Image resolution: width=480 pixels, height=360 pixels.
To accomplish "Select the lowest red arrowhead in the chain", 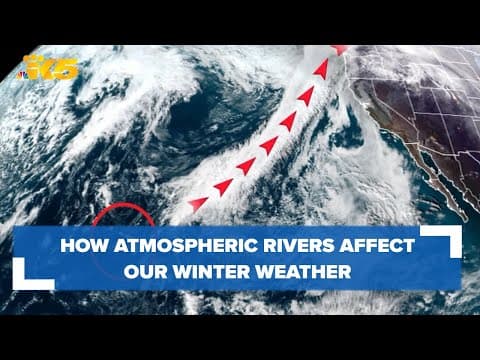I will click(x=198, y=204).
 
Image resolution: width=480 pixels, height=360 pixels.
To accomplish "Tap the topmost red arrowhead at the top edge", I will click(x=340, y=49).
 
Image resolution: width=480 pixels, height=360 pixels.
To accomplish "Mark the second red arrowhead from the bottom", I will click(x=222, y=185).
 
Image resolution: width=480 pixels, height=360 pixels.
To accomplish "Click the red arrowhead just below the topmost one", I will click(x=322, y=69).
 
